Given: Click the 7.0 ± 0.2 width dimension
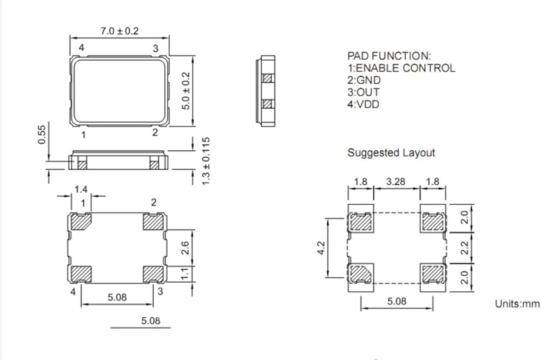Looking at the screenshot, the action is [120, 31].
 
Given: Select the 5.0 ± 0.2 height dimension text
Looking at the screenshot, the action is [186, 91].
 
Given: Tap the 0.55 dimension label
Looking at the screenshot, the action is [42, 135].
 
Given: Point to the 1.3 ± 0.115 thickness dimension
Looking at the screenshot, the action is [206, 161].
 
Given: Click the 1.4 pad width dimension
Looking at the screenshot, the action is [81, 189].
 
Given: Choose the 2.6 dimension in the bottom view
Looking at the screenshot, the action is [185, 248].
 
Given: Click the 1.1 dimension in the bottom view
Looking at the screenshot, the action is [185, 274].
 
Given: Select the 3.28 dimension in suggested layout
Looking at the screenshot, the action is [395, 182].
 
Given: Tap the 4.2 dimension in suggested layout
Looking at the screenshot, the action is [321, 248].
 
